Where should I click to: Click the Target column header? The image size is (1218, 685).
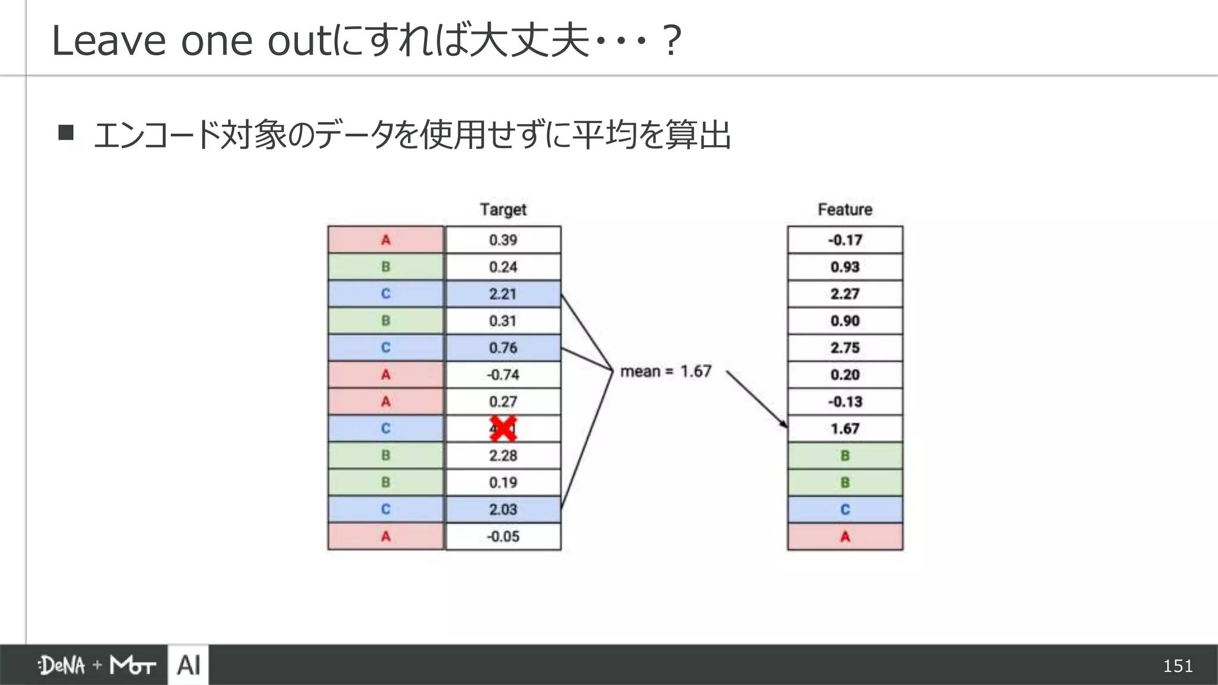pos(503,209)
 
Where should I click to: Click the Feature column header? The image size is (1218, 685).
pos(845,209)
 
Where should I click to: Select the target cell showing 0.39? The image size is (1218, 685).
pos(503,240)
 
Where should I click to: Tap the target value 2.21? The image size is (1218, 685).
pos(503,294)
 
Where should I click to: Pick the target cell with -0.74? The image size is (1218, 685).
pos(503,375)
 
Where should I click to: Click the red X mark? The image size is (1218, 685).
pos(503,429)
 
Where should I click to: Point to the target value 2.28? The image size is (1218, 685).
pos(503,455)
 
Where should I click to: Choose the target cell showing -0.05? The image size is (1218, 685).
pos(503,536)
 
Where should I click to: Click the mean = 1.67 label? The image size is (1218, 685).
pos(665,372)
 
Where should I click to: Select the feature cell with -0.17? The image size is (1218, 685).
pos(845,240)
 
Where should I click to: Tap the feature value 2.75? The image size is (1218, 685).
pos(845,348)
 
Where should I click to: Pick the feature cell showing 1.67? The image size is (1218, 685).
pos(845,429)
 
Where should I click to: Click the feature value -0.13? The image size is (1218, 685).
pos(845,401)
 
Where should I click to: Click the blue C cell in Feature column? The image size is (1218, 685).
pos(845,510)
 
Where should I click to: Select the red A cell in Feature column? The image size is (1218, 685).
pos(845,536)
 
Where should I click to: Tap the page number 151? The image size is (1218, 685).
pos(1178,665)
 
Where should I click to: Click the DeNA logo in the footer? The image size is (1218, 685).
pos(62,665)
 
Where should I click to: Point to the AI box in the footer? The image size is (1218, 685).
pos(189,665)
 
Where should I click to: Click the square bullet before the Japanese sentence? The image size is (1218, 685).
pos(66,132)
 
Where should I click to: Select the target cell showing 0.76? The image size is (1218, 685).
pos(503,348)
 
